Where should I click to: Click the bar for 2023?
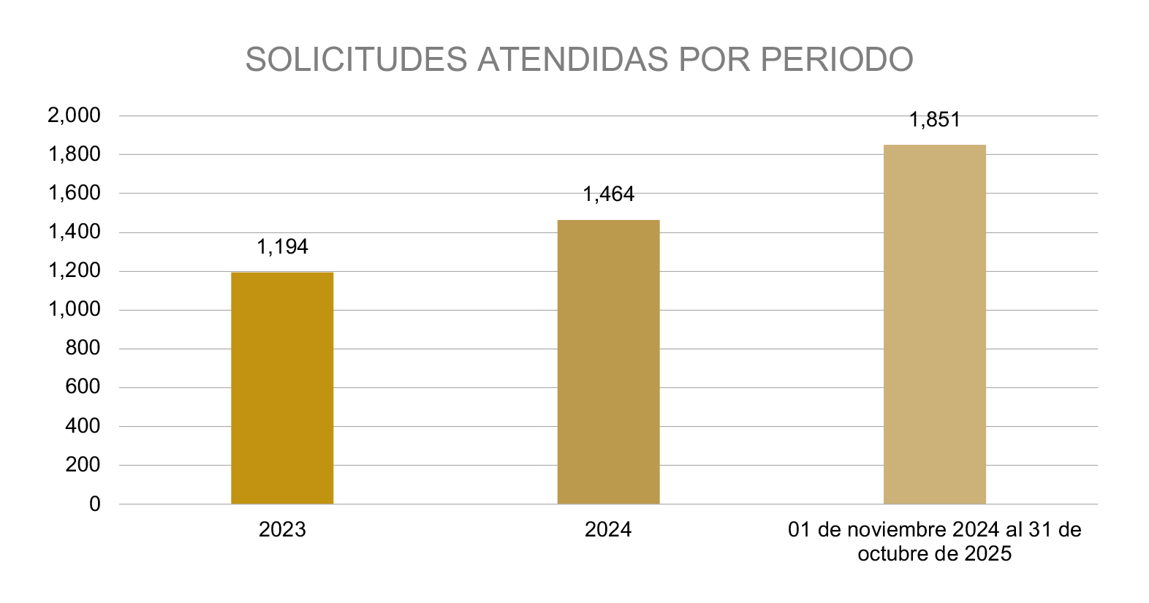coord(282,388)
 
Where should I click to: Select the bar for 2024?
coord(608,362)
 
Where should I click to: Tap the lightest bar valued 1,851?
coord(934,325)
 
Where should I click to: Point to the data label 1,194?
coord(282,247)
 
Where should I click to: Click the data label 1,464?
coord(608,194)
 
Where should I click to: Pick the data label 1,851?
coord(934,120)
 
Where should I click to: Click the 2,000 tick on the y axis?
coord(74,115)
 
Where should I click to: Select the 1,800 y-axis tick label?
coord(74,154)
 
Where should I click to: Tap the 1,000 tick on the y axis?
coord(74,309)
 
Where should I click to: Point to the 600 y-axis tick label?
coord(83,387)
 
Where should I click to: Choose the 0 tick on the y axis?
coord(95,504)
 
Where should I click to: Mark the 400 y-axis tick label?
coord(83,425)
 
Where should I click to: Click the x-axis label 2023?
coord(282,529)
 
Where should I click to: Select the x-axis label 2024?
coord(608,529)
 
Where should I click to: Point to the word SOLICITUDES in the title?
coord(356,59)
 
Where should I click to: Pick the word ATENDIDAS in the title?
coord(573,59)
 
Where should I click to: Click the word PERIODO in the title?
coord(837,59)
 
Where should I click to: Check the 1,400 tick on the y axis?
coord(74,232)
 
